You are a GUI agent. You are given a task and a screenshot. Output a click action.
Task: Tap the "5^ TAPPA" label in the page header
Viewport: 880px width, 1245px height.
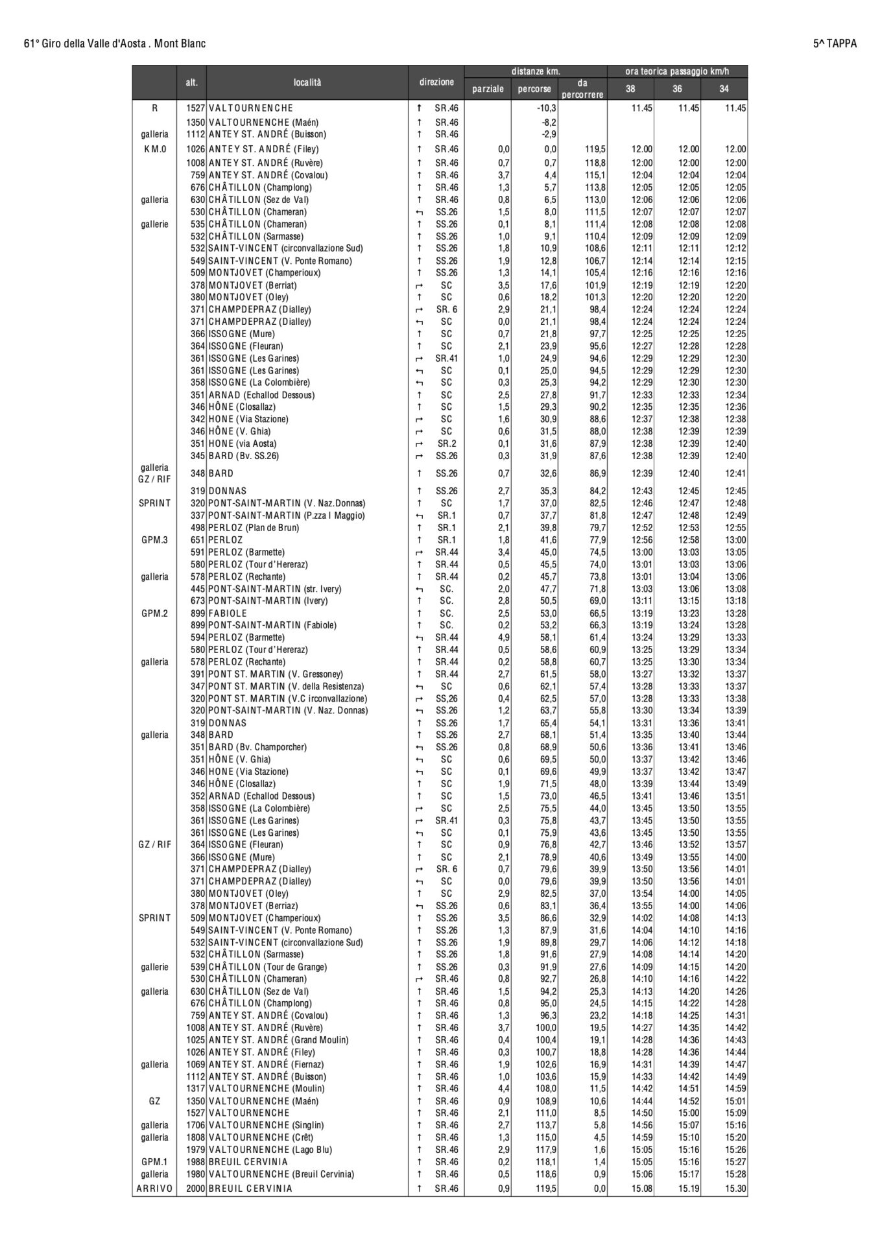pos(835,43)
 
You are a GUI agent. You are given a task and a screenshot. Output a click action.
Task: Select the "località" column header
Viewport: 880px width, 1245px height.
pos(307,83)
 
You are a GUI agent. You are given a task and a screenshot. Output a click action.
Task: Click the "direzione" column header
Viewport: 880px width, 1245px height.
pos(436,83)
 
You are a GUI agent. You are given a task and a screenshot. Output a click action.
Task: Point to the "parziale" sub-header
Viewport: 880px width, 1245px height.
pos(488,89)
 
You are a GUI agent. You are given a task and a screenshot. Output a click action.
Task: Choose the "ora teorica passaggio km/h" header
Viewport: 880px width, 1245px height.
pos(677,71)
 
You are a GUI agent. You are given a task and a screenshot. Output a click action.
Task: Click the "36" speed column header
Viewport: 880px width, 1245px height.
pos(677,89)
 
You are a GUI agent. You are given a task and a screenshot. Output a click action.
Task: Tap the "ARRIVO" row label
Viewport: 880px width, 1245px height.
pos(154,1189)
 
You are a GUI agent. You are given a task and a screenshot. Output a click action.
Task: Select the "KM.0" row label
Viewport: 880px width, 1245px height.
pos(154,149)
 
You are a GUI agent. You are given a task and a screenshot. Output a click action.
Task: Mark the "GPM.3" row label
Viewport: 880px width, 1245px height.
pos(154,540)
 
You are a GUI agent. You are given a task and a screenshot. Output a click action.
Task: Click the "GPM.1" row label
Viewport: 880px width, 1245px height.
pos(154,1162)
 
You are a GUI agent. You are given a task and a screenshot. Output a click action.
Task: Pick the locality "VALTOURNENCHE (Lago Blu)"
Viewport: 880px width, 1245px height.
pos(270,1150)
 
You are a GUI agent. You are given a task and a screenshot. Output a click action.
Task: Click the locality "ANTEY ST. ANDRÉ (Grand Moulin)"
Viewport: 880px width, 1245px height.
pos(278,1040)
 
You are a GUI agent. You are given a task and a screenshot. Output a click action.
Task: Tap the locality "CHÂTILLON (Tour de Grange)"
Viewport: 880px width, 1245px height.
pos(267,967)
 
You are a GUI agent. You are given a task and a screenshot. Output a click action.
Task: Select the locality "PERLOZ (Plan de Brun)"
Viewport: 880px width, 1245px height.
pos(254,528)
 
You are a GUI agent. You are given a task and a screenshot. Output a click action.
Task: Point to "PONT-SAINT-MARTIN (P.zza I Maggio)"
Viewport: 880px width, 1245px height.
pos(287,516)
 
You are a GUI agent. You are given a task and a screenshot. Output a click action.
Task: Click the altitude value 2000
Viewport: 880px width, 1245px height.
pos(195,1189)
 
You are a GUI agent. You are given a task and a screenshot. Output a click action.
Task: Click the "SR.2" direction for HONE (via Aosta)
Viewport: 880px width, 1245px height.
pos(446,444)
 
